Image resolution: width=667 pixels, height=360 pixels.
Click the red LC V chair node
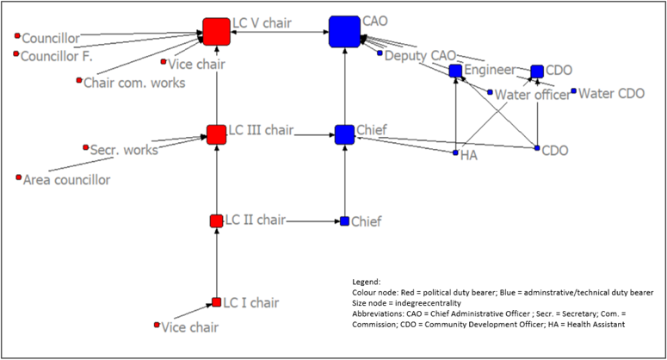(217, 32)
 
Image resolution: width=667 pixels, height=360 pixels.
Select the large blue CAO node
(343, 32)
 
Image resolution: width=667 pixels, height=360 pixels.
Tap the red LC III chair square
(216, 134)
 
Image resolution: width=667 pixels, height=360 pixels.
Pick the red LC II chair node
(216, 221)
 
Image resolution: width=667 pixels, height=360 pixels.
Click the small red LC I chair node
(217, 302)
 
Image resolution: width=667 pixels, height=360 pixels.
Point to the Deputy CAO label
(420, 55)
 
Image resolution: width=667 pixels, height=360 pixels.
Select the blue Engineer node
(455, 71)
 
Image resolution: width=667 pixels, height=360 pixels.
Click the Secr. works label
(124, 149)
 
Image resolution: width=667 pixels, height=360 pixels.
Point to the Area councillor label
(66, 179)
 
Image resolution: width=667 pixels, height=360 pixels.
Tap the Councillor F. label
(57, 56)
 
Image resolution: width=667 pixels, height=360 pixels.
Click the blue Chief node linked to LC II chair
(344, 221)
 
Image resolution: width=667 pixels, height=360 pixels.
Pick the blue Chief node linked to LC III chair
(344, 134)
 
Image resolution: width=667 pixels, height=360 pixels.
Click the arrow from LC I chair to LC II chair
(217, 263)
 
